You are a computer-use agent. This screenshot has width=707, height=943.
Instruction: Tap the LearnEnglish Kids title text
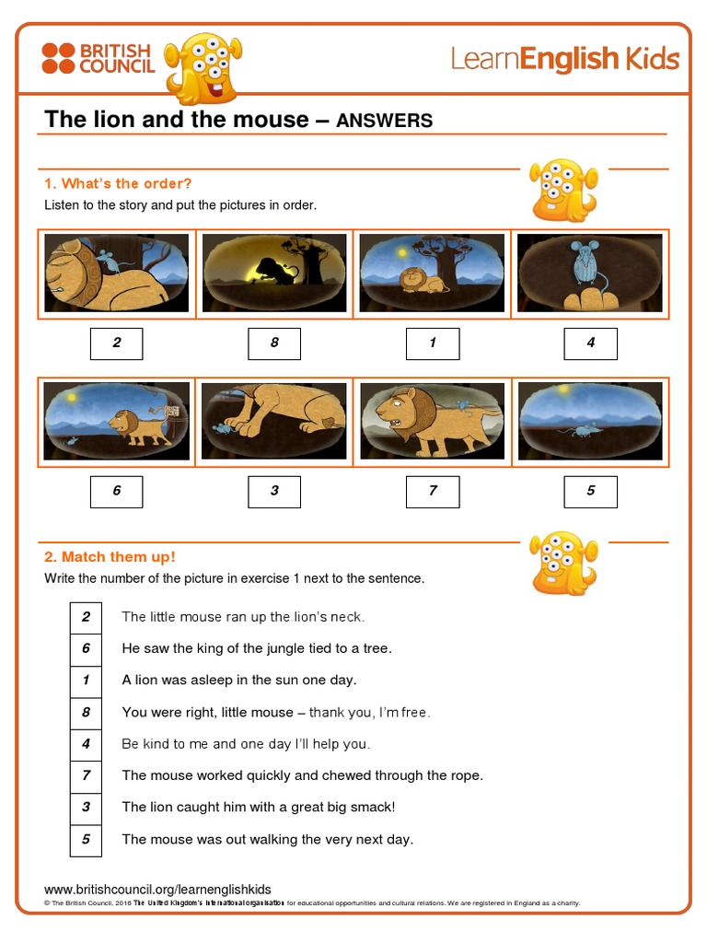pyautogui.click(x=564, y=60)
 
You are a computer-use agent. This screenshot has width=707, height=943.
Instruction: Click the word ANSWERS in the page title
pyautogui.click(x=384, y=121)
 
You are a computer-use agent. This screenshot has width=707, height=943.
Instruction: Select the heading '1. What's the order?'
pyautogui.click(x=118, y=183)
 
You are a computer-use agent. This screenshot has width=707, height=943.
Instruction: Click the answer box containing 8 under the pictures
pyautogui.click(x=274, y=343)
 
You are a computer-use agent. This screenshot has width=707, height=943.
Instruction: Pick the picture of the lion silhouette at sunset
pyautogui.click(x=274, y=273)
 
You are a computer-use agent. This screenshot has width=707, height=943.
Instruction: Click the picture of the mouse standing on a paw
pyautogui.click(x=589, y=273)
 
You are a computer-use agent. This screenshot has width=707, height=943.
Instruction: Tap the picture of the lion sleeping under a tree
pyautogui.click(x=432, y=273)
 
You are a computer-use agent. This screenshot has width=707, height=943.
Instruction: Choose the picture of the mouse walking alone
pyautogui.click(x=589, y=420)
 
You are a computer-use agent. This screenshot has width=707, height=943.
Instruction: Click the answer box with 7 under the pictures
pyautogui.click(x=432, y=491)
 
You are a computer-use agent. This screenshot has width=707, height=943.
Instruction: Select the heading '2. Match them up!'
pyautogui.click(x=110, y=557)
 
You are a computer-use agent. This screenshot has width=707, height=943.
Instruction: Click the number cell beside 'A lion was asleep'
pyautogui.click(x=86, y=681)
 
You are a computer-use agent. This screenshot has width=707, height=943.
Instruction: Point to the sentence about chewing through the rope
pyautogui.click(x=302, y=775)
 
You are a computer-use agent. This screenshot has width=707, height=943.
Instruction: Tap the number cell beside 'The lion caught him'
pyautogui.click(x=86, y=808)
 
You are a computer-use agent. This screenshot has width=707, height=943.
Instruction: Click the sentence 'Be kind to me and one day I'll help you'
pyautogui.click(x=246, y=744)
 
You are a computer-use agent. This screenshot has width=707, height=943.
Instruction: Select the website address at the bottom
pyautogui.click(x=157, y=890)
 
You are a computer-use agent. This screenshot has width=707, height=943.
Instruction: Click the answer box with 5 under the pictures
pyautogui.click(x=590, y=491)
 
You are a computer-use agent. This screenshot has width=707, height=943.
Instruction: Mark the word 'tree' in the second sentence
pyautogui.click(x=376, y=648)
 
